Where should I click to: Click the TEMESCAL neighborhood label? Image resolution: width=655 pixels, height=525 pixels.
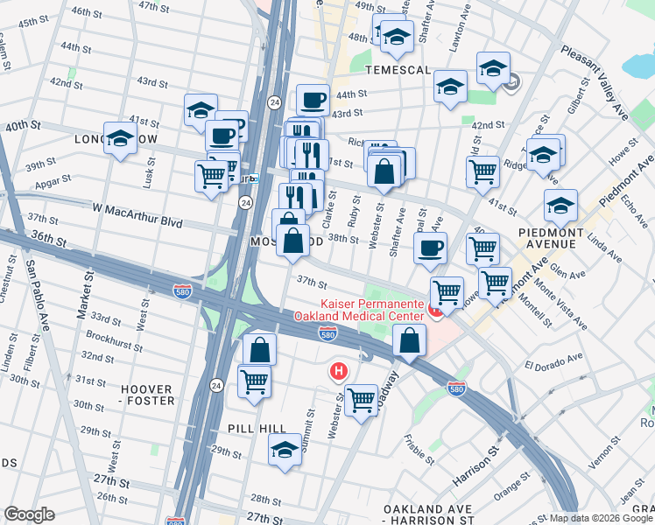point(398,70)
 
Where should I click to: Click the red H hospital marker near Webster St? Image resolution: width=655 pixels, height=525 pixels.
point(338,373)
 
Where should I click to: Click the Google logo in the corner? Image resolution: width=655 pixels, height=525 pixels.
point(29,514)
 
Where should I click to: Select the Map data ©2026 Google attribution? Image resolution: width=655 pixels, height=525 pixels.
point(601,518)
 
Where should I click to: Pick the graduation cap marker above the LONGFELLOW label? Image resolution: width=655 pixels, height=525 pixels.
point(119,138)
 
